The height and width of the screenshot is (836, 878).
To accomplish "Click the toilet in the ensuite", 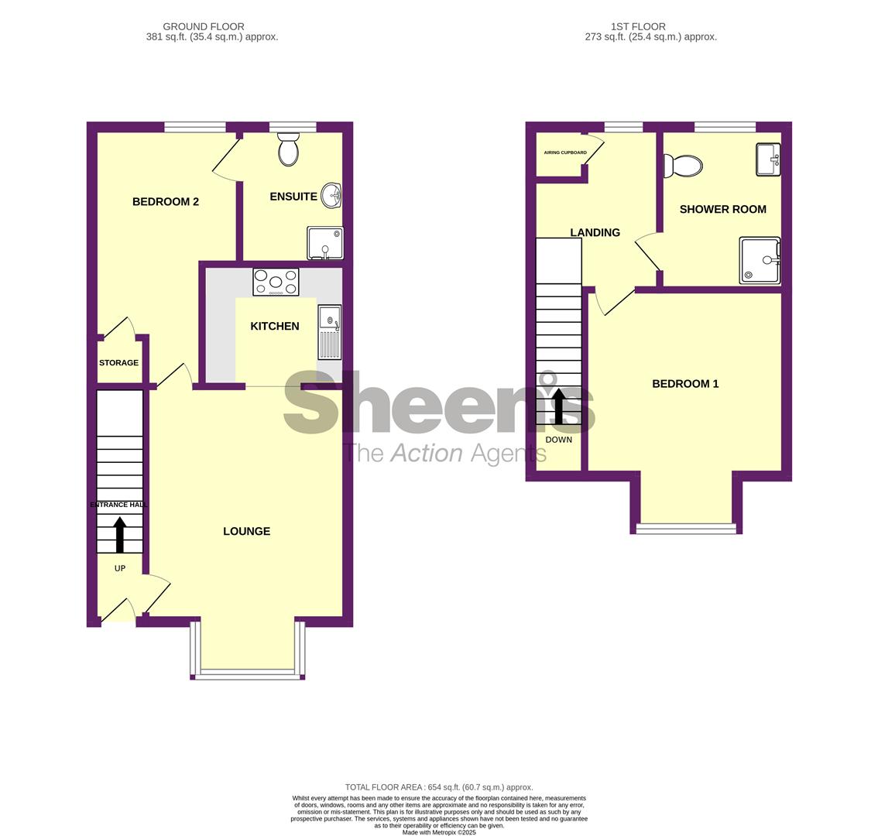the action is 289,149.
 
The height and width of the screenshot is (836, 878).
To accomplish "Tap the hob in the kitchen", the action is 276,282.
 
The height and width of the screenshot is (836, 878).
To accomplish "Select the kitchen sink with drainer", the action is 329,332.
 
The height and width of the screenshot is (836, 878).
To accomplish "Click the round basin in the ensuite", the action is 332,196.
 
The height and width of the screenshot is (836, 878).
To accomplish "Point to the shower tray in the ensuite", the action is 325,243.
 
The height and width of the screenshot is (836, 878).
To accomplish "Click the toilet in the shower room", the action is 683,166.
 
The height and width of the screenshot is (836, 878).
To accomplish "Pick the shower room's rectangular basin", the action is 768,159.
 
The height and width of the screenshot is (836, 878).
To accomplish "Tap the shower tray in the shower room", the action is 760,260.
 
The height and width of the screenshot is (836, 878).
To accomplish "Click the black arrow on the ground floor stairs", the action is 120,535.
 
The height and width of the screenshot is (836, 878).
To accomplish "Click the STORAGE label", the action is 118,363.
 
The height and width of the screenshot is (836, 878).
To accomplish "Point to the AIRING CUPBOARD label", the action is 565,152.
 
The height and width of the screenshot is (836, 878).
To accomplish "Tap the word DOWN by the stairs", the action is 559,440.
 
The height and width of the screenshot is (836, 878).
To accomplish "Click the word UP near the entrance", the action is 120,568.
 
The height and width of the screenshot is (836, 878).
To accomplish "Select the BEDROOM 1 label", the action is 685,384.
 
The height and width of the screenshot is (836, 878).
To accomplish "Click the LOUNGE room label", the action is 246,531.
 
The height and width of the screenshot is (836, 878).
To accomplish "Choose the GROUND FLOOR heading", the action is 204,26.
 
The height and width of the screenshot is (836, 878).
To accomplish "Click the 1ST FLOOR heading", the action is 638,26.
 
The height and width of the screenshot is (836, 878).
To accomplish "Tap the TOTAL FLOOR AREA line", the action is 439,786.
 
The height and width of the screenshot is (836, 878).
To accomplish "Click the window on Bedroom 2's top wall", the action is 195,127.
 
